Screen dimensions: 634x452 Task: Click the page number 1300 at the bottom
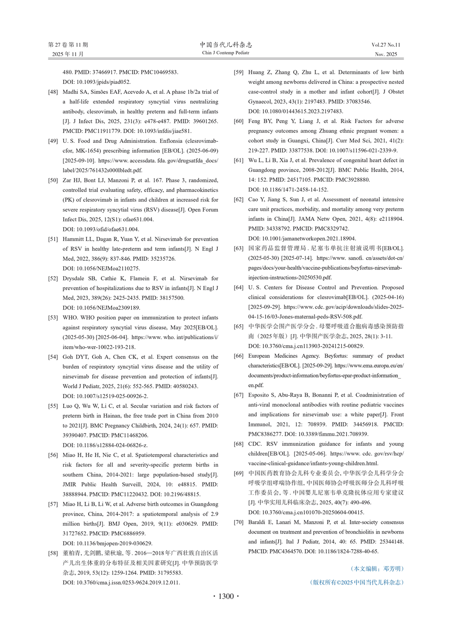pyautogui.click(x=226, y=596)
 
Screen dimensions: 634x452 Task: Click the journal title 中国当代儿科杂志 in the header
pyautogui.click(x=226, y=45)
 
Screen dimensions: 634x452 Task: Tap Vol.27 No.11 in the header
pyautogui.click(x=386, y=45)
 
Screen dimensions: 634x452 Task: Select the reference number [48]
pyautogui.click(x=53, y=92)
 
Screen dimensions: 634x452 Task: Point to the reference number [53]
pyautogui.click(x=53, y=318)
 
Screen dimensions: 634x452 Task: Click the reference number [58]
pyautogui.click(x=53, y=553)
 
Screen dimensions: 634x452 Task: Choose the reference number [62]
pyautogui.click(x=238, y=200)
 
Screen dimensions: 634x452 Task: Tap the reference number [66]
pyautogui.click(x=238, y=356)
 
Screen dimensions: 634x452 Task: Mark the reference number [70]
pyautogui.click(x=238, y=523)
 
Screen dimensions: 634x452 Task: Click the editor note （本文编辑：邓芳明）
pyautogui.click(x=377, y=569)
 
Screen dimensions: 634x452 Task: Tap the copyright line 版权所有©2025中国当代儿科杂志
pyautogui.click(x=357, y=582)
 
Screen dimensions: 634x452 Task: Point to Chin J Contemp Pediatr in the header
pyautogui.click(x=226, y=53)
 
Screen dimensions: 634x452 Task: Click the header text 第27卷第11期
pyautogui.click(x=68, y=45)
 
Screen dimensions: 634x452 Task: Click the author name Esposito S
pyautogui.click(x=263, y=395)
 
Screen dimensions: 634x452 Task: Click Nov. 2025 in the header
pyautogui.click(x=386, y=54)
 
